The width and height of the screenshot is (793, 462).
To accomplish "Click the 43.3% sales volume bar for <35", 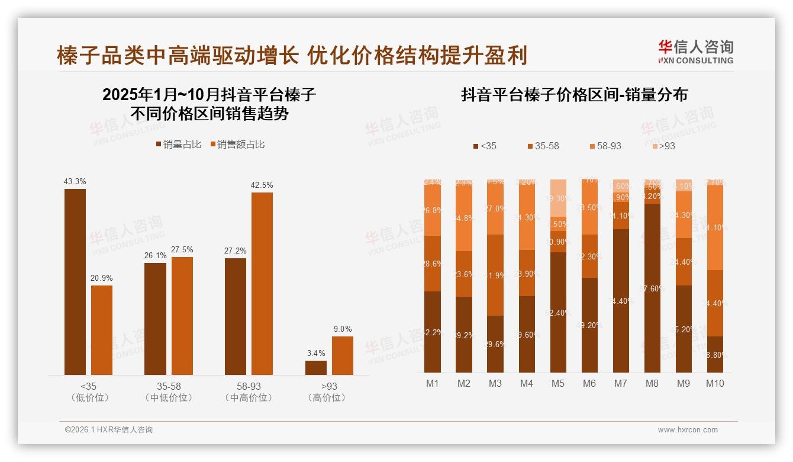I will [x=75, y=281].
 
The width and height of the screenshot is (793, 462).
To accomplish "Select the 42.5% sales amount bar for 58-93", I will [x=262, y=283].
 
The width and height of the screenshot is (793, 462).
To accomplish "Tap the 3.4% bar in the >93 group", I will [x=316, y=367].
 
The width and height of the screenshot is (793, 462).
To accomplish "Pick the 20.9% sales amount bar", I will [x=102, y=330].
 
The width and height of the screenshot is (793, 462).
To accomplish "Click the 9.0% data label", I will [x=342, y=329].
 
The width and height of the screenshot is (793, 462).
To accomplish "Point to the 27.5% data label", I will [x=182, y=249].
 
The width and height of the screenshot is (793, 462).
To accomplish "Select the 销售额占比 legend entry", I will [x=237, y=144].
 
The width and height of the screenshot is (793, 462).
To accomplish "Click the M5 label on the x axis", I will [x=558, y=383].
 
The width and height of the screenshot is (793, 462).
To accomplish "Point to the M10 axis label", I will [x=715, y=383].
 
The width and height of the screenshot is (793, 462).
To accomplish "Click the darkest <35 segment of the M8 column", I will [x=652, y=287].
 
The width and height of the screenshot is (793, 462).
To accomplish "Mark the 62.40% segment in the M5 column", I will [x=558, y=312].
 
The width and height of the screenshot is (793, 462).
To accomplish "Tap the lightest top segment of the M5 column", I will [x=558, y=198].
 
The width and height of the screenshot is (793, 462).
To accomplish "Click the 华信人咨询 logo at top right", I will [x=695, y=52].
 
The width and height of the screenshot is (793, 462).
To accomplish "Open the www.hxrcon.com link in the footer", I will [x=687, y=430].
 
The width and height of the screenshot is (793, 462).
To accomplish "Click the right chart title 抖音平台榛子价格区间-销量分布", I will [x=574, y=95].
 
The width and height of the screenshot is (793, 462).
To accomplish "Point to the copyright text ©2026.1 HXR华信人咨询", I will [x=109, y=430].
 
